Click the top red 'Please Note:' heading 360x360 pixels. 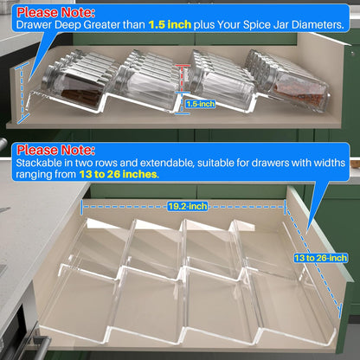[55, 12]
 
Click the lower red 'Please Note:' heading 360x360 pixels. [55, 151]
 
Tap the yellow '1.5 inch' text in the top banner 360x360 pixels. [170, 25]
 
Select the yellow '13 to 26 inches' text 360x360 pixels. [119, 175]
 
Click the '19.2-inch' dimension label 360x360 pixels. [188, 206]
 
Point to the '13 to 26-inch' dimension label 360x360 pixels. [320, 258]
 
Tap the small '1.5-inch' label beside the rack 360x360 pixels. [201, 104]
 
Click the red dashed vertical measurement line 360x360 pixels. [182, 79]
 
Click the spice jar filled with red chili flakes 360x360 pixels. [300, 89]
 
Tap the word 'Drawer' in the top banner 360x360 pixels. [35, 25]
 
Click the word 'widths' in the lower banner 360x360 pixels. [330, 163]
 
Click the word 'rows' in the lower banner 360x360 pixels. [106, 164]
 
